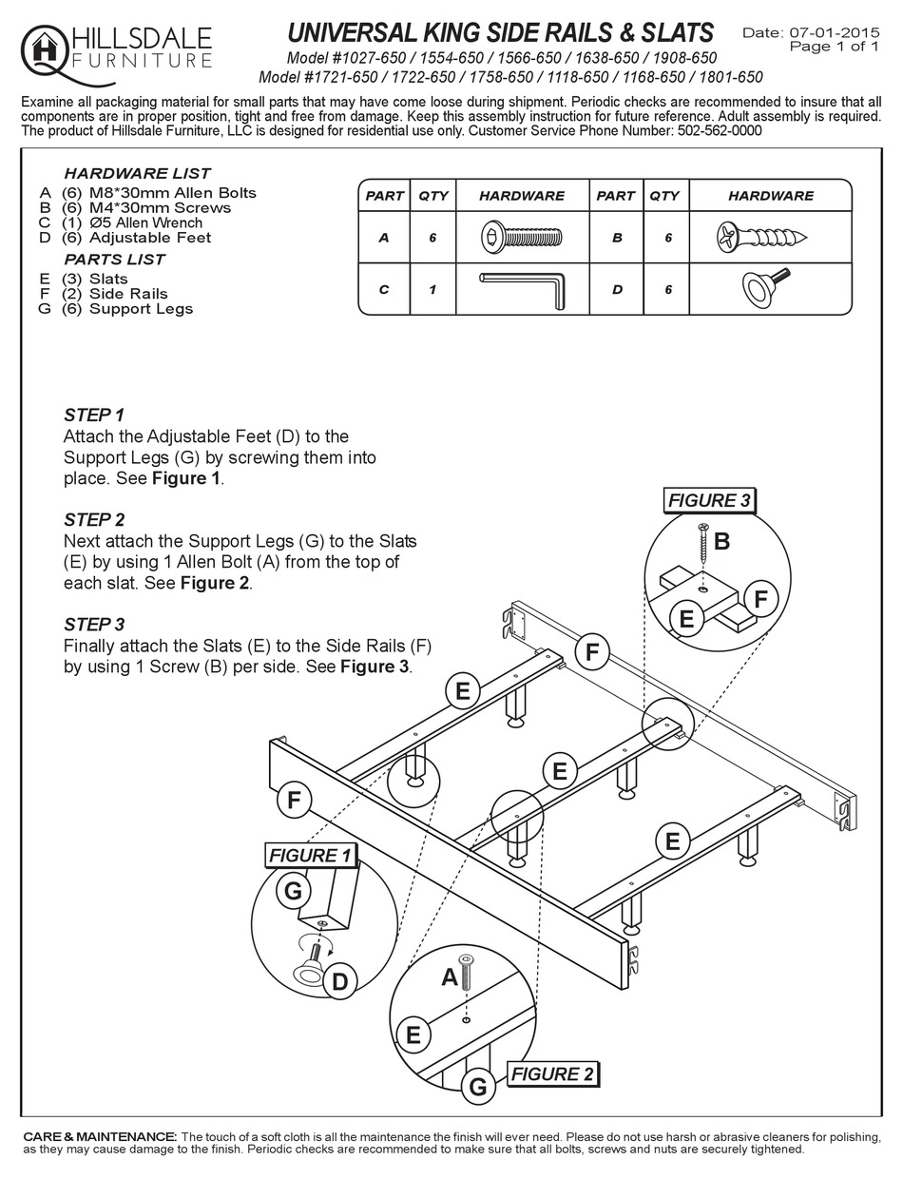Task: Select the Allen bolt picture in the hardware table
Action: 522,237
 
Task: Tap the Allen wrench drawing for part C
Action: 522,289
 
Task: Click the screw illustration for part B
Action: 758,237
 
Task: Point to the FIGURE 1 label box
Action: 310,856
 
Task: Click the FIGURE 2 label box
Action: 553,1074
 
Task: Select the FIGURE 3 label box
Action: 709,500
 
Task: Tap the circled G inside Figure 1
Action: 293,891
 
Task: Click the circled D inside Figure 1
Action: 339,981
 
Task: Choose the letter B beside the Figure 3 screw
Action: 721,542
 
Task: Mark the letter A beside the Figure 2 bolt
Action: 450,976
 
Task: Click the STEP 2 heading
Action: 94,520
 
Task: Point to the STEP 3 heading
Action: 94,625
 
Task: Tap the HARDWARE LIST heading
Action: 137,174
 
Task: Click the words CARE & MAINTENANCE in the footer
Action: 100,1137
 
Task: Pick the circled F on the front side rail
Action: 294,801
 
